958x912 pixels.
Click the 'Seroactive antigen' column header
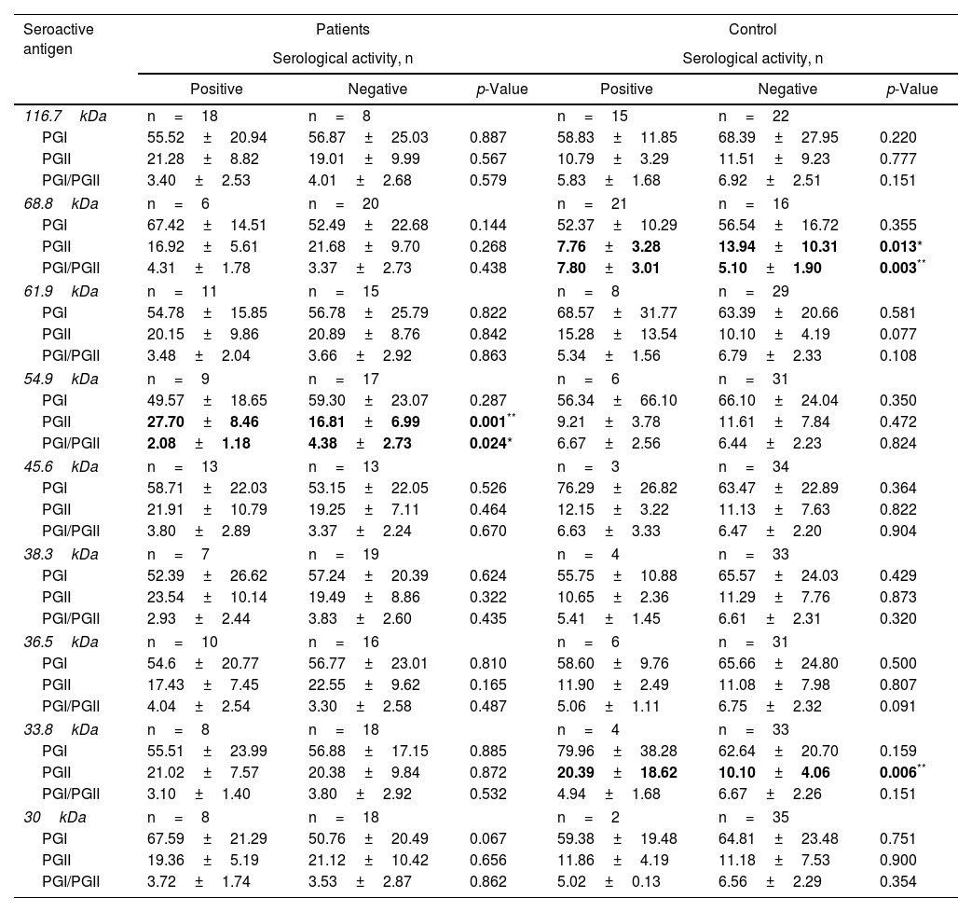[x=59, y=38]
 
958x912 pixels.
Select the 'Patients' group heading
[x=343, y=30]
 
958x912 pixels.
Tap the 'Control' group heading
[x=754, y=30]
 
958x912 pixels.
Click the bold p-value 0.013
[x=897, y=247]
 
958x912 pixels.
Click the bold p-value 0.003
[x=897, y=269]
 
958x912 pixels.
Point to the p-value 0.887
[x=488, y=137]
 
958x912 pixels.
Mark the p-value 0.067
[x=488, y=838]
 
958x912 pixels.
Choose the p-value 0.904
[x=897, y=532]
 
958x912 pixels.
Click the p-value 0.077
[x=897, y=335]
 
